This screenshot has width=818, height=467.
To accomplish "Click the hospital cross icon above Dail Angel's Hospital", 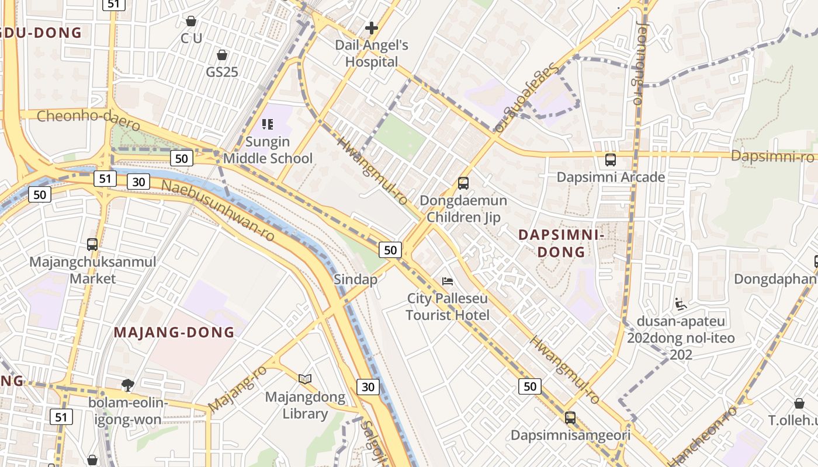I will (x=371, y=27).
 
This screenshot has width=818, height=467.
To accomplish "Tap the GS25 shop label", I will (x=221, y=72).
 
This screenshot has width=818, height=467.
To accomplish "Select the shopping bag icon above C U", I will (x=190, y=22).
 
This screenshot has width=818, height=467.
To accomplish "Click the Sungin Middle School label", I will (x=268, y=150).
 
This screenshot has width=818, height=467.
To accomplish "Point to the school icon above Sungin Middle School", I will (x=268, y=124).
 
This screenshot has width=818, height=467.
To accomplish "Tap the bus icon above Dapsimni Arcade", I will (x=611, y=159).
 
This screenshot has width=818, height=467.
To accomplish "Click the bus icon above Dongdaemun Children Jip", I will (x=463, y=183).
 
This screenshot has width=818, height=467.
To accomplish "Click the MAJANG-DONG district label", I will (x=174, y=333).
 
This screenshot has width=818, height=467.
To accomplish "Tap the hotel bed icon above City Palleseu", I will (x=448, y=281).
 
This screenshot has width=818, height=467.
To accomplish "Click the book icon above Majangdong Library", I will (x=305, y=379).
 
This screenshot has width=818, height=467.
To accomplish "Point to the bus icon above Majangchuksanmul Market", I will (x=92, y=244).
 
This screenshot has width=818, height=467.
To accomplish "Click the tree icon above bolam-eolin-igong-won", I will (x=127, y=385).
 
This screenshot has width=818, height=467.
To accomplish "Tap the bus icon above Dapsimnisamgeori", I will (x=570, y=418).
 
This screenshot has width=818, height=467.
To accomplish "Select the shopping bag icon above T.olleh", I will (x=799, y=403).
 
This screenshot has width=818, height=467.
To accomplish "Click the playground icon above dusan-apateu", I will (x=681, y=304).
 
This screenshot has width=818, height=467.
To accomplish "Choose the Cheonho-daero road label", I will (x=89, y=120).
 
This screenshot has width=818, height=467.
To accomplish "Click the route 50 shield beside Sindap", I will (x=390, y=250).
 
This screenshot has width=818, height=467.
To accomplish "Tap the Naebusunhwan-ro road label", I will (x=217, y=211).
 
